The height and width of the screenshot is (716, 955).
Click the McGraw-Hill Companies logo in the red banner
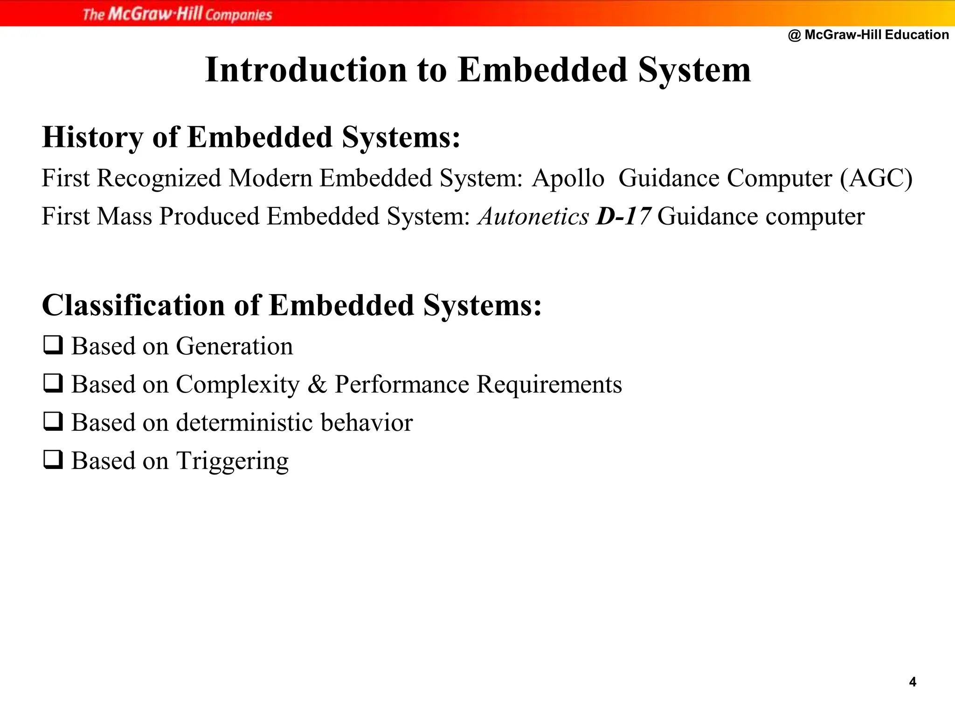[x=177, y=14]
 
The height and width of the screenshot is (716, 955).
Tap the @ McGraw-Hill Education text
[x=868, y=35]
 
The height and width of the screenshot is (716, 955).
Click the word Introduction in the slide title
[x=306, y=70]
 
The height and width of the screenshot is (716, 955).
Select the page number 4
[x=913, y=682]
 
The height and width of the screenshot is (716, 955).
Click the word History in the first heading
[x=92, y=138]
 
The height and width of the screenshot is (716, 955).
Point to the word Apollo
[x=568, y=179]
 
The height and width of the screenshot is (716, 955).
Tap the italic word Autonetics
[x=533, y=217]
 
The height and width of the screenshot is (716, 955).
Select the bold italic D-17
[x=623, y=217]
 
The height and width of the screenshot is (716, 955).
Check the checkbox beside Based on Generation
[x=53, y=345]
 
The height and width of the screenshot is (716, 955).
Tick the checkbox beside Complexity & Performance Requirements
[x=53, y=384]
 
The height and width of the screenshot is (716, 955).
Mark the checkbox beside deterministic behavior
[x=53, y=422]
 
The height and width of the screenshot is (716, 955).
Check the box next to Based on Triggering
[x=53, y=460]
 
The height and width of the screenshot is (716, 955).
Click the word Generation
[x=234, y=346]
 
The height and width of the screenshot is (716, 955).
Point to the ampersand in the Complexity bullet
[x=317, y=385]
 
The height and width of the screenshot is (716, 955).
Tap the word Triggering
[x=232, y=461]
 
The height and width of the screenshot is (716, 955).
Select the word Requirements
[x=549, y=385]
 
